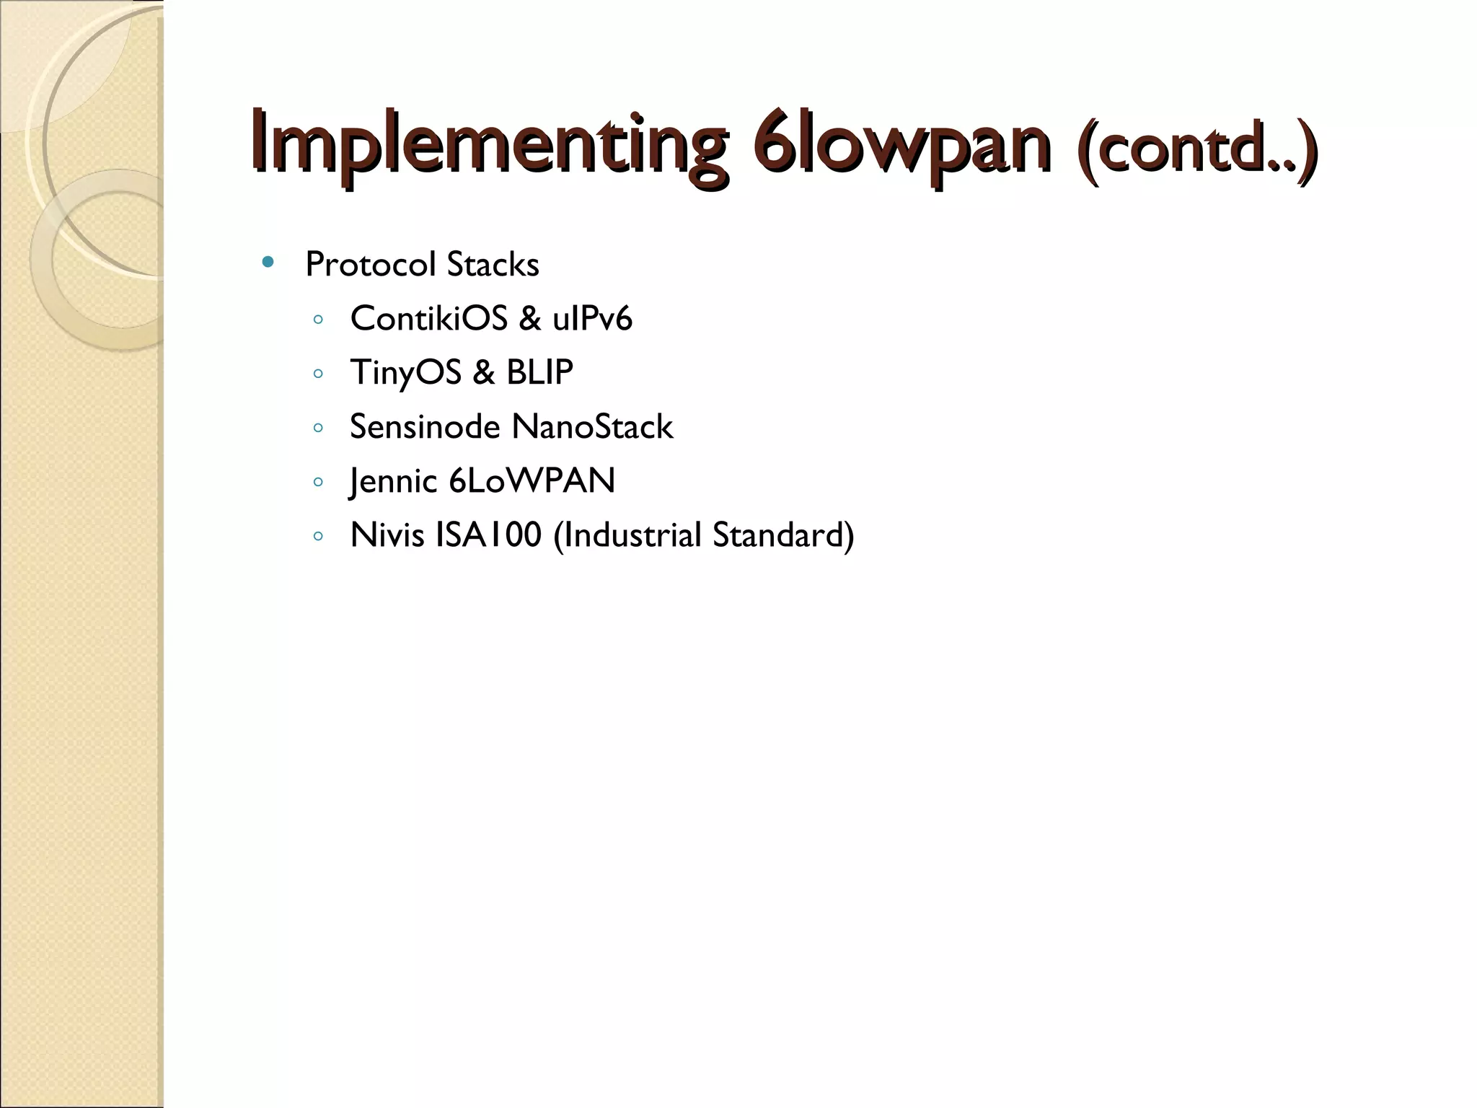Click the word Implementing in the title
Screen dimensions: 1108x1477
point(488,144)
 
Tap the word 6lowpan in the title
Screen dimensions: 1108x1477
point(901,144)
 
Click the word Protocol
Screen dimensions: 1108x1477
point(371,264)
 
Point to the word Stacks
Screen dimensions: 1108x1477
point(493,264)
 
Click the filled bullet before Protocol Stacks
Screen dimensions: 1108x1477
point(268,263)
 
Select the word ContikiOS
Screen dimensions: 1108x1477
point(428,318)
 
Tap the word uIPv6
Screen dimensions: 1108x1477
point(592,318)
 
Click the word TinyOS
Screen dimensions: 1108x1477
point(405,373)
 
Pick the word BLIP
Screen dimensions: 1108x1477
point(539,372)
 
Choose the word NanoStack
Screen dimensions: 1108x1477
point(592,426)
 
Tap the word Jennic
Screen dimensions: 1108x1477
point(393,481)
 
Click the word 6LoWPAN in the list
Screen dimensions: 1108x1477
point(532,480)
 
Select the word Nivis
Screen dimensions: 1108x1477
point(387,535)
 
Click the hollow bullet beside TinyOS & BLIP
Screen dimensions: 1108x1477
point(318,374)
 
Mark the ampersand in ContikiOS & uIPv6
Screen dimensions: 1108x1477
point(529,318)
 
